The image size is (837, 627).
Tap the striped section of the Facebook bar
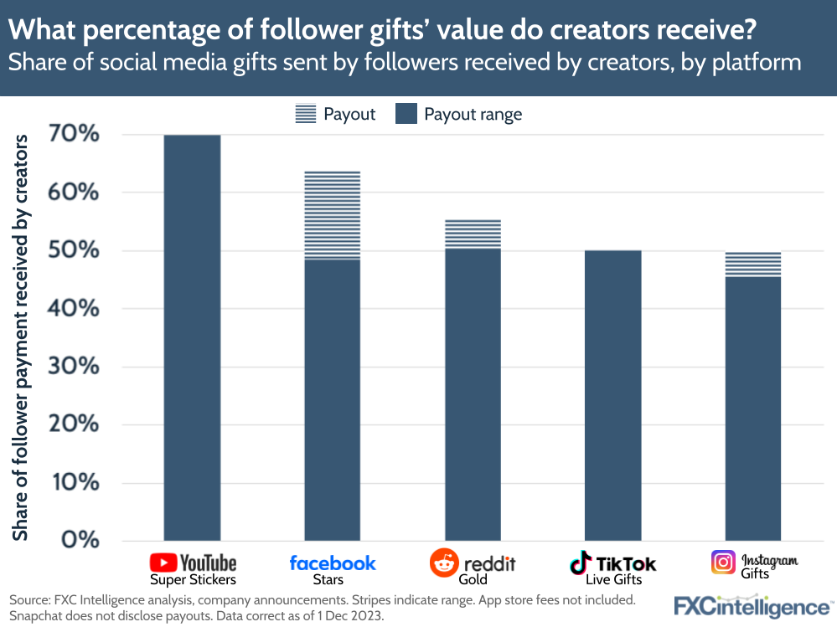(x=333, y=215)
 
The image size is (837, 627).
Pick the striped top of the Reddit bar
(x=473, y=234)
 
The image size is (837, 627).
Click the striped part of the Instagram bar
(x=753, y=264)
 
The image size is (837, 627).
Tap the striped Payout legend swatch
(x=306, y=114)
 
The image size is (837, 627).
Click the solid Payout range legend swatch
(x=406, y=114)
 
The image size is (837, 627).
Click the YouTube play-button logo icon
(x=163, y=563)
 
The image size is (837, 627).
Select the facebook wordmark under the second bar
(x=333, y=563)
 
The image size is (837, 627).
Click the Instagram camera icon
(x=723, y=562)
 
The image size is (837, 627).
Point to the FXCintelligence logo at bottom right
(x=753, y=605)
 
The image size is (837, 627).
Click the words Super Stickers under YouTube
(x=193, y=579)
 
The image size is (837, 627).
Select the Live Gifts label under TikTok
(x=614, y=579)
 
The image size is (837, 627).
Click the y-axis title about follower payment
(x=22, y=335)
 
